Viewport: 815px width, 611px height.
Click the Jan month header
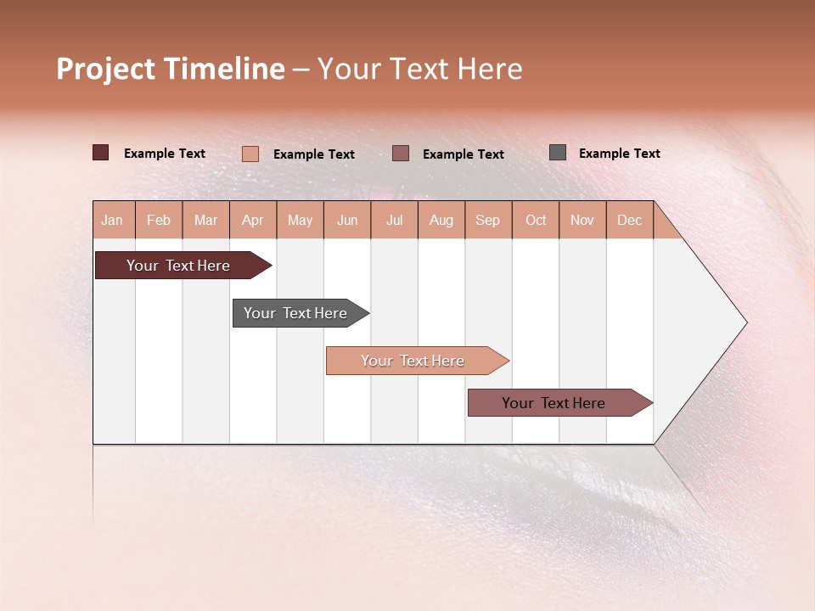click(x=112, y=221)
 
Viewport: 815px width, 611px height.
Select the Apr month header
click(x=253, y=221)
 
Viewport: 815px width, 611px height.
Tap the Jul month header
click(x=394, y=221)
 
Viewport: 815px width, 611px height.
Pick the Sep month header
click(x=487, y=221)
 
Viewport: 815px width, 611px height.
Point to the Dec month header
click(x=629, y=221)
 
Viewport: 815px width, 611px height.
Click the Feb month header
click(x=159, y=221)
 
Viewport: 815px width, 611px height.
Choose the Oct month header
click(x=536, y=221)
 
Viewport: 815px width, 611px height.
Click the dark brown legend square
click(x=101, y=153)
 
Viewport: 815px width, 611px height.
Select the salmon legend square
click(x=250, y=154)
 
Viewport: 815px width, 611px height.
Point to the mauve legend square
click(x=401, y=154)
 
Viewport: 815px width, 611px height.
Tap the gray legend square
click(x=558, y=153)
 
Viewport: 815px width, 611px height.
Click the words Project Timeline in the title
click(x=171, y=69)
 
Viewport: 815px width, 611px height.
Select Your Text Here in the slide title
click(x=419, y=69)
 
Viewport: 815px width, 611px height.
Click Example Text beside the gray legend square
click(x=619, y=154)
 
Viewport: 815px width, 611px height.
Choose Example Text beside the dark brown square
click(x=165, y=154)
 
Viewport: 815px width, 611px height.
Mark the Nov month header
click(x=582, y=221)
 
